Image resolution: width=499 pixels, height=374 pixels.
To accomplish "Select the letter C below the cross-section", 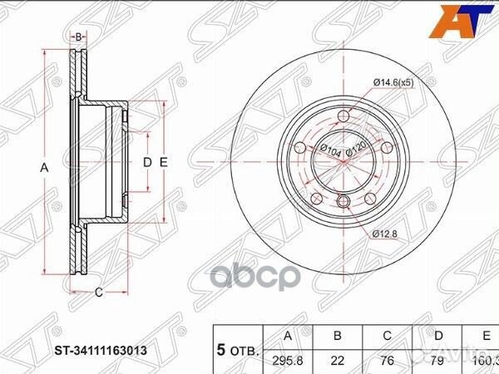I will pos(97,292).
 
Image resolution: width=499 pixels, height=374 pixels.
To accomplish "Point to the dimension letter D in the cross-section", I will pos(146,162).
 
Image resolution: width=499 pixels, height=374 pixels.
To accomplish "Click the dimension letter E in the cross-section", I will pos(164,162).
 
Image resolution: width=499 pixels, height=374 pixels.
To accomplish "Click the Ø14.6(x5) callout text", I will pos(394,81).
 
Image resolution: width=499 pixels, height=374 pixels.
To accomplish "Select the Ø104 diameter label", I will pos(329,151).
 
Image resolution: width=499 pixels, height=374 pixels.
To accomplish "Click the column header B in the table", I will pos(338,337).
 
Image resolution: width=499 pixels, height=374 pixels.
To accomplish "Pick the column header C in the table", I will pos(388,337).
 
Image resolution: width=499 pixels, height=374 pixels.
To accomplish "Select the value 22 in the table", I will pos(338,360).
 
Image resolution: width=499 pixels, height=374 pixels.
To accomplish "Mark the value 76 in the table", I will pos(388,360).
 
